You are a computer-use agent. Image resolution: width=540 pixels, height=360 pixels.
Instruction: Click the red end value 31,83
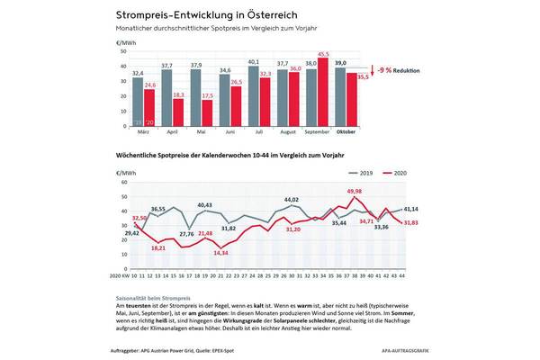[x=410, y=223]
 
